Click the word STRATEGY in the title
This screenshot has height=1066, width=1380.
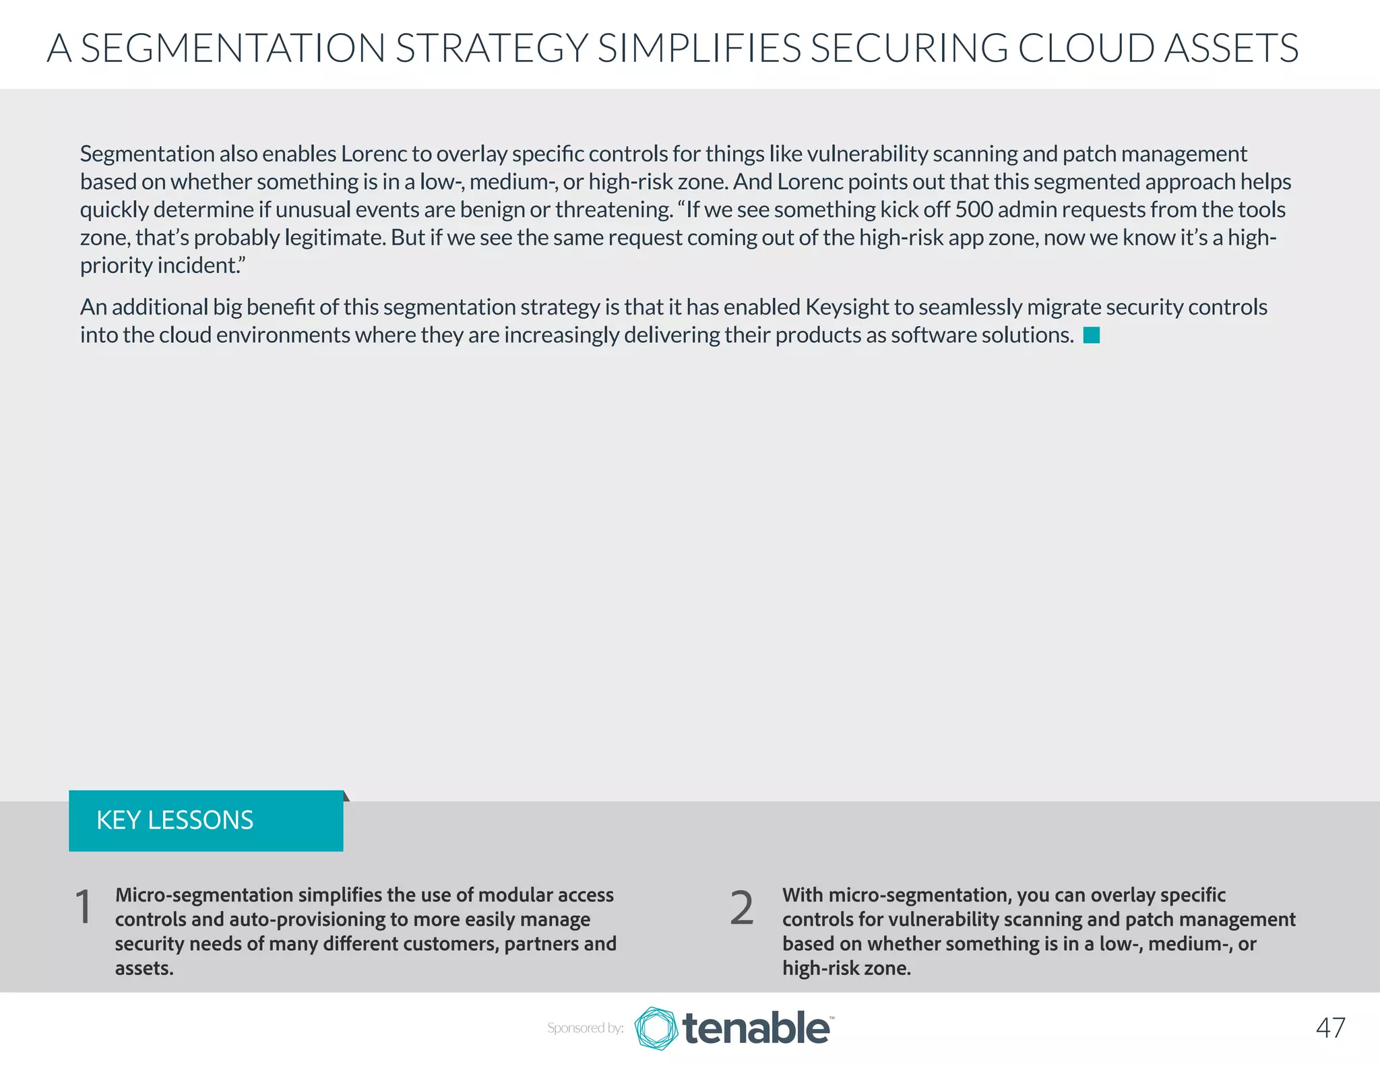(x=491, y=49)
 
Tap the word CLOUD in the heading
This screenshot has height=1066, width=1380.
(x=1086, y=49)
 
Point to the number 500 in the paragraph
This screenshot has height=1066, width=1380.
(x=974, y=210)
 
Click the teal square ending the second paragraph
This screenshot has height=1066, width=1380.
(x=1092, y=335)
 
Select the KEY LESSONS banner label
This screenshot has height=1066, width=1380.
(x=175, y=820)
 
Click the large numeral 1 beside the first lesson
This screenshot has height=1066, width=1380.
(x=84, y=907)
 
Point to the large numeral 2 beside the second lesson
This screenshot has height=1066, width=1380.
(x=742, y=908)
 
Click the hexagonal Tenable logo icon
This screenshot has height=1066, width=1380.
(x=656, y=1028)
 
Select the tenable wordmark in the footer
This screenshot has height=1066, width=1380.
(x=757, y=1028)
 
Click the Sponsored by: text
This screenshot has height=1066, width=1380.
(x=585, y=1028)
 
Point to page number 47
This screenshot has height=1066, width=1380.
(x=1330, y=1028)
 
